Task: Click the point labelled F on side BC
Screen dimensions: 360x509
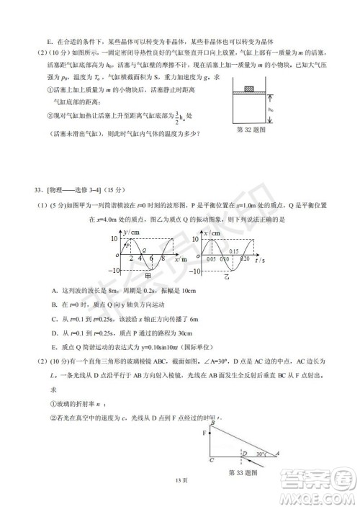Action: [x=206, y=434]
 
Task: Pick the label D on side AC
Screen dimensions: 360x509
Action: [x=244, y=453]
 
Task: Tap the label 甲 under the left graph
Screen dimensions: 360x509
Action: [x=148, y=276]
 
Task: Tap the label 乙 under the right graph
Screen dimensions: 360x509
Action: [x=225, y=276]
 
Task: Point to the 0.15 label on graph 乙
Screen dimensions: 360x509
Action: [x=233, y=250]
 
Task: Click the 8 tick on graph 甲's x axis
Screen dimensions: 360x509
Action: [x=164, y=258]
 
